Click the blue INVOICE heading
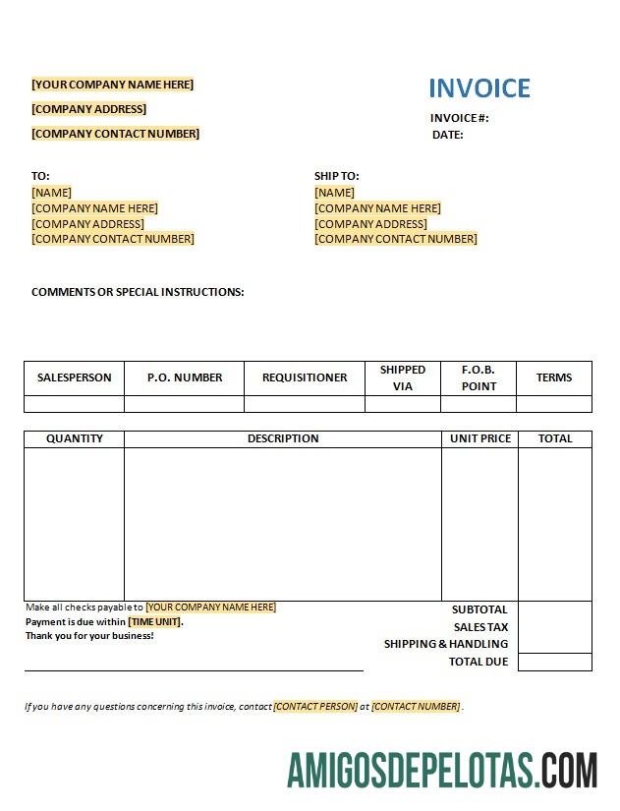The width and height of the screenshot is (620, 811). (479, 88)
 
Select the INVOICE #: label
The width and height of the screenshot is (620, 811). (459, 118)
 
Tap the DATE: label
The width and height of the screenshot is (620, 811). (448, 135)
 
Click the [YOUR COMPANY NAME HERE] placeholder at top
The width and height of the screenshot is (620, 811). (112, 85)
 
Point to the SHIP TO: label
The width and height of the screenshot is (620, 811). (337, 176)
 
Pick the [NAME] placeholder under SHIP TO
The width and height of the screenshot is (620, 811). (335, 193)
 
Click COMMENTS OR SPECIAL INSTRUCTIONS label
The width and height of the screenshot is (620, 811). (138, 292)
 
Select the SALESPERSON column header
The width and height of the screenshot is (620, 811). (75, 377)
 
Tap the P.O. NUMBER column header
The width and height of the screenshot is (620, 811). (185, 377)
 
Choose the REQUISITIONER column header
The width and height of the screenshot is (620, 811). (305, 377)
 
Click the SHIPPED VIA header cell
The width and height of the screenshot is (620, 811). (403, 377)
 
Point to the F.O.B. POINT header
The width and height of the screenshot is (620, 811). (479, 377)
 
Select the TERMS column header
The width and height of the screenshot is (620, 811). (554, 377)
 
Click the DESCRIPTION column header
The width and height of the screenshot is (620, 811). (283, 438)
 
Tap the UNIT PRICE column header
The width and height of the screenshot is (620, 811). (480, 438)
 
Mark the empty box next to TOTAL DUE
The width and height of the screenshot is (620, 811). (555, 662)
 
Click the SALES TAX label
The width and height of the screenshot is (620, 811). (480, 627)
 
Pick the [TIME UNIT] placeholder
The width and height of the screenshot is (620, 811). (155, 621)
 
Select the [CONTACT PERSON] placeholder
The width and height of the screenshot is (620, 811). (315, 706)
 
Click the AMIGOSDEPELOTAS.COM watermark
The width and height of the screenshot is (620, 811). (442, 770)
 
